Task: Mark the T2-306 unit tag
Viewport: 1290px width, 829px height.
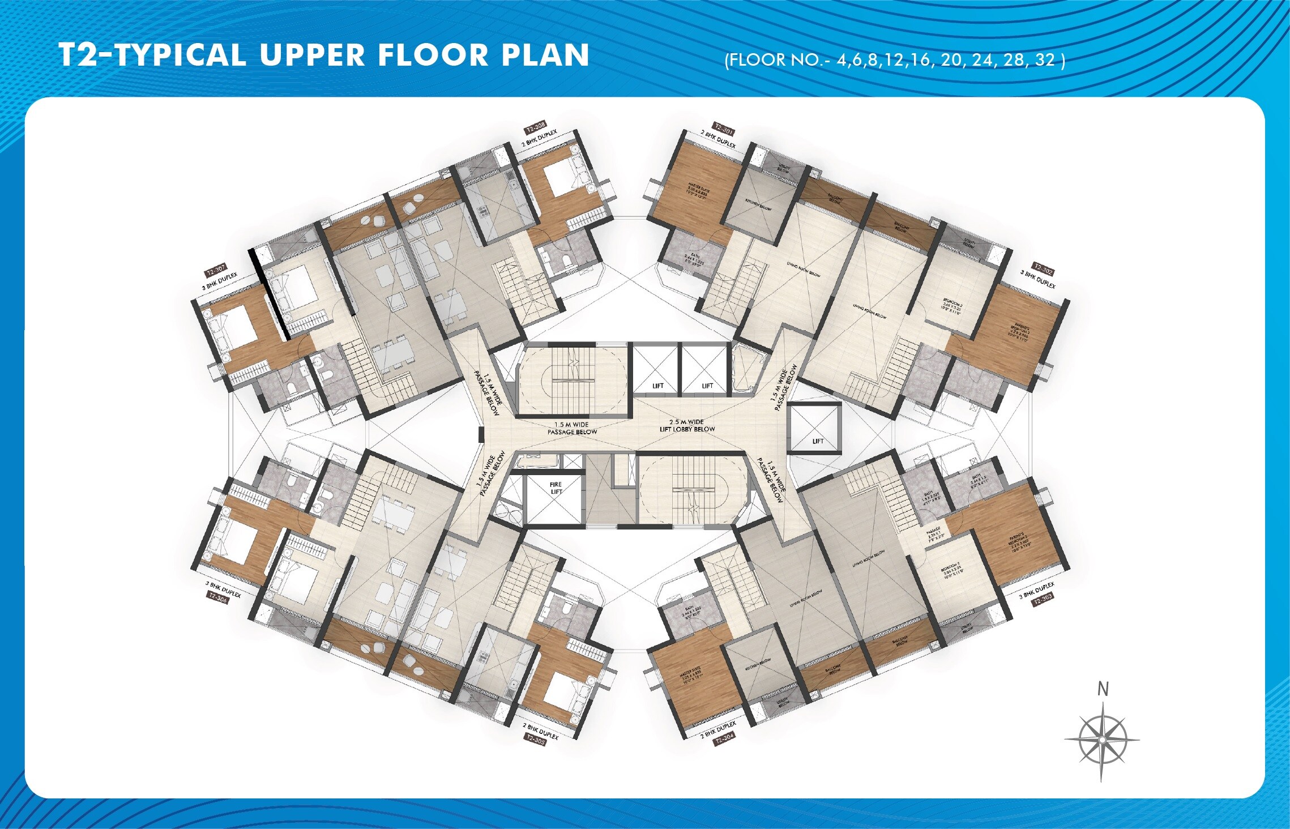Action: tap(217, 597)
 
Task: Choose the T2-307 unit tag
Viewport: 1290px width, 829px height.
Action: tap(216, 269)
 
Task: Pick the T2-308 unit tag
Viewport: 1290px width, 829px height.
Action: tap(535, 126)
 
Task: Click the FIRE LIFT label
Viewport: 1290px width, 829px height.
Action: tap(556, 488)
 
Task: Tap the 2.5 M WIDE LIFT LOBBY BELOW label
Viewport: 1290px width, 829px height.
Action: tap(687, 426)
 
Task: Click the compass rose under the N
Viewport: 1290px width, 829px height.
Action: tap(1101, 740)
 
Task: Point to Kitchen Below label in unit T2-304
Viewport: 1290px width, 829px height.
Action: tap(758, 665)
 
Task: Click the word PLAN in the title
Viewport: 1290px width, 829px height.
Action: tap(545, 55)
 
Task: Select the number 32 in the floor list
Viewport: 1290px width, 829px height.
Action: tap(1045, 60)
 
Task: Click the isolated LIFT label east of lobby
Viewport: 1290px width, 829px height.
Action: tap(818, 441)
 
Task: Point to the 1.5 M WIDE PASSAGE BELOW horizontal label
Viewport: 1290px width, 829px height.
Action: tap(572, 428)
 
